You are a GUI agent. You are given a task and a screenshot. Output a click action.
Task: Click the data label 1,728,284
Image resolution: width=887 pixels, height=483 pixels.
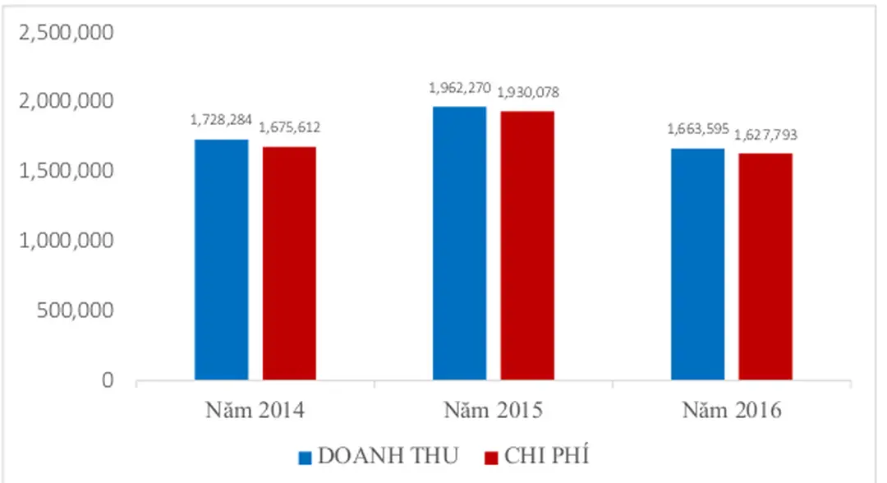pyautogui.click(x=219, y=120)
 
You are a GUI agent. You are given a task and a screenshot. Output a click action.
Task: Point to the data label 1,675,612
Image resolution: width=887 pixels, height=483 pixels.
pyautogui.click(x=290, y=127)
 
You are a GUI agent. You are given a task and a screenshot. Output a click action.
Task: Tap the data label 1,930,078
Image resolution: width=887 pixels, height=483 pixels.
pyautogui.click(x=529, y=92)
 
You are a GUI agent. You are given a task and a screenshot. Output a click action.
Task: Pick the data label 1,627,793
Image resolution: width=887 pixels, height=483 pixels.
pyautogui.click(x=766, y=134)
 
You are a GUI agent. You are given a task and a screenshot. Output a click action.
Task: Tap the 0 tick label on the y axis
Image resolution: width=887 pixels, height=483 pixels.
pyautogui.click(x=108, y=381)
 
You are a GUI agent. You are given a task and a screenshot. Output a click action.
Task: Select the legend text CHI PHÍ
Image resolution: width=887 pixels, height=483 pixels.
pyautogui.click(x=549, y=456)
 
